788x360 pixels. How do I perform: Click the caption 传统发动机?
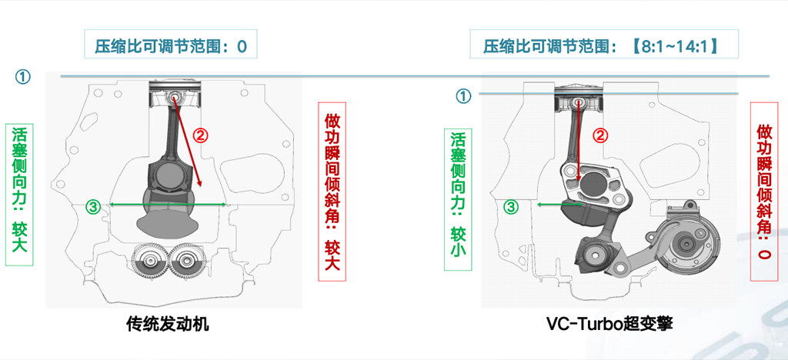(x=167, y=325)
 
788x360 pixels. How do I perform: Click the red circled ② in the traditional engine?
(x=201, y=135)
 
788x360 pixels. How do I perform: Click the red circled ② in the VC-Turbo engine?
(x=600, y=135)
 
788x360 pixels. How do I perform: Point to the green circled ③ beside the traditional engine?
(x=92, y=206)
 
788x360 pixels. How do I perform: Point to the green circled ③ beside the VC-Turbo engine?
(x=511, y=207)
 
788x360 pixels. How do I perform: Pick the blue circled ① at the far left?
(x=22, y=77)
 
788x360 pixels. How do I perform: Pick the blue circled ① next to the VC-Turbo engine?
(x=463, y=96)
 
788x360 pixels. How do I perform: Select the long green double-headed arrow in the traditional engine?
(x=167, y=205)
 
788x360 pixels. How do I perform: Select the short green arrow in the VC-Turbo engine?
(x=560, y=205)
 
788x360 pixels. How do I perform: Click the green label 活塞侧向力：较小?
(x=458, y=199)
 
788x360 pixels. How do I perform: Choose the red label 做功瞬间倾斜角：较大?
(x=332, y=192)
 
